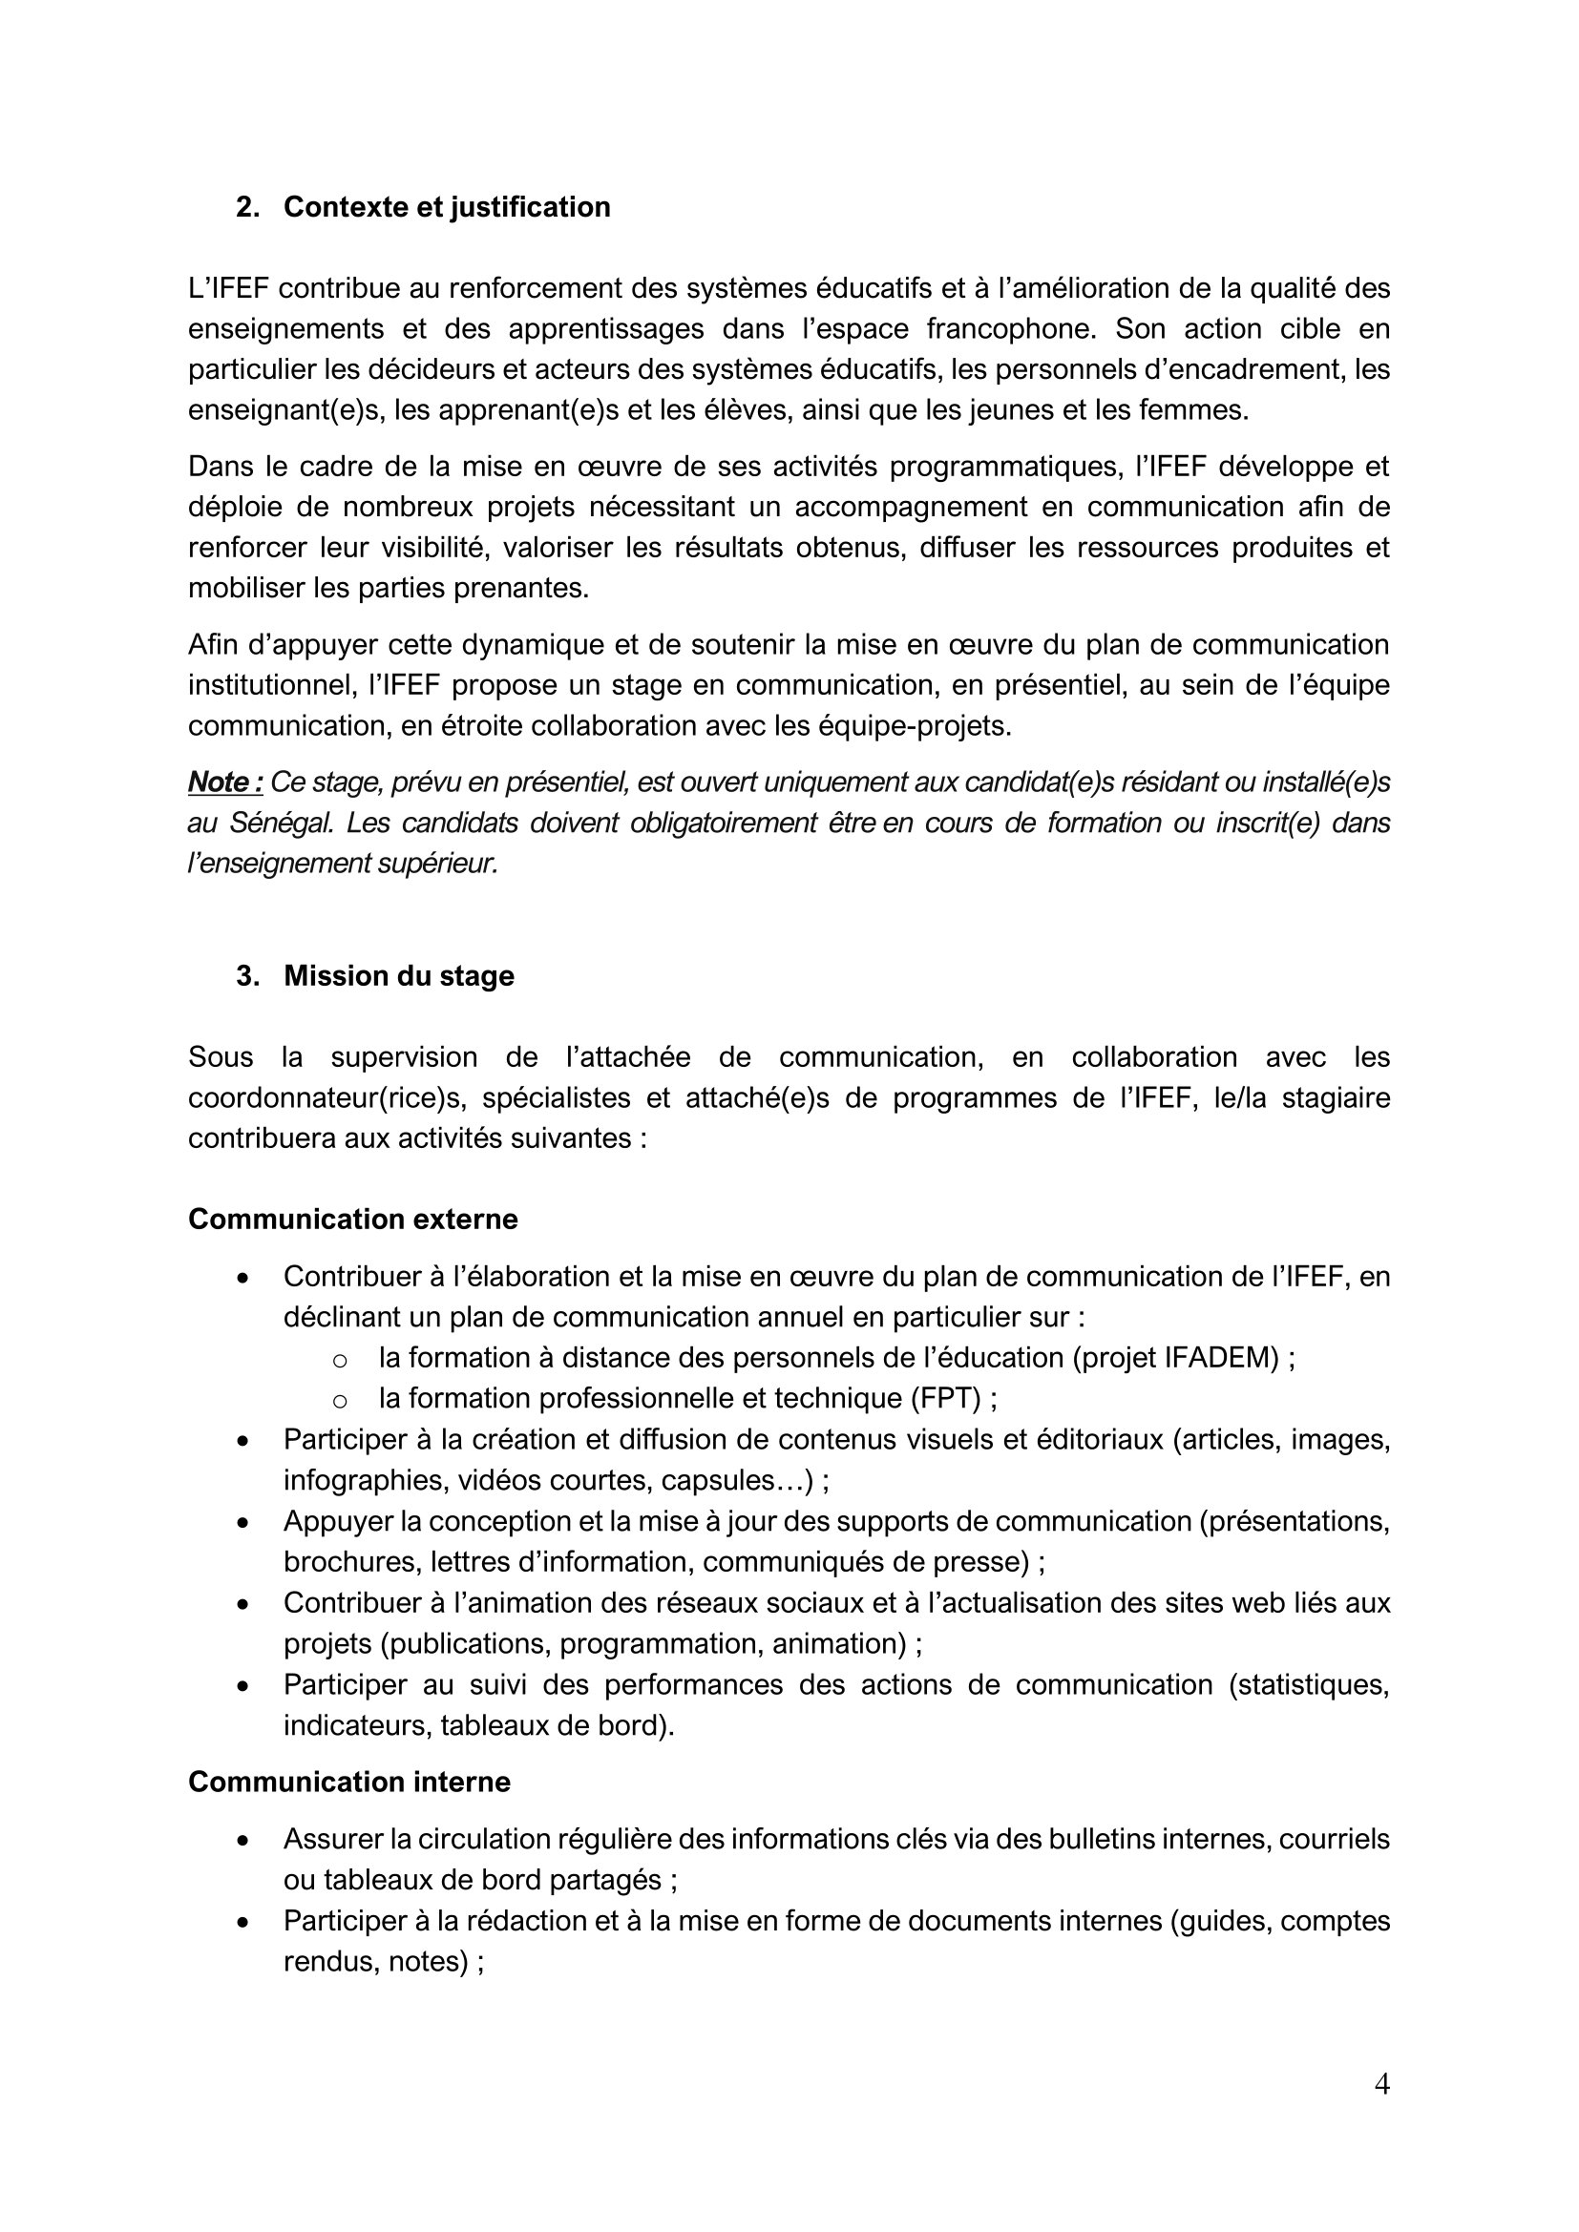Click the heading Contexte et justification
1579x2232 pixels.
[446, 207]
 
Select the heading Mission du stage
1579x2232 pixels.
[399, 976]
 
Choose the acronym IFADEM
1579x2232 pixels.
[1221, 1358]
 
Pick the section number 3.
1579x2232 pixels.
[246, 976]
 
